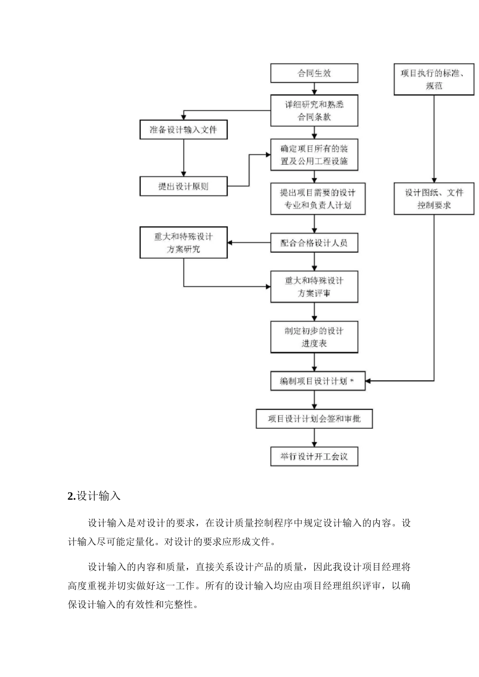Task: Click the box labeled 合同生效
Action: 314,73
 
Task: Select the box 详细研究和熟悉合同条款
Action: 314,110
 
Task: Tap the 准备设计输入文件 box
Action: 184,130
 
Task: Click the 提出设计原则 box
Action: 184,186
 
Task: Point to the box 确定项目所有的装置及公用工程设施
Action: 314,155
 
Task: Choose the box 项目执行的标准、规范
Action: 434,80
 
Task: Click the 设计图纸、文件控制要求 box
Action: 434,198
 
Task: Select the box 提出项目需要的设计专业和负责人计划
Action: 318,198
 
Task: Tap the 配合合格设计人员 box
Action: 314,243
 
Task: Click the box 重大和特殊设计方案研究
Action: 184,243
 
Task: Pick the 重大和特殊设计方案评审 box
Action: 314,287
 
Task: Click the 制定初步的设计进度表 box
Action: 314,337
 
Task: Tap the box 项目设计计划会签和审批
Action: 314,419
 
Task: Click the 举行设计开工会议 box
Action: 314,456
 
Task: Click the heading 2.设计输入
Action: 94,496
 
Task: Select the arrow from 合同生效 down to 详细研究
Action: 315,89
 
